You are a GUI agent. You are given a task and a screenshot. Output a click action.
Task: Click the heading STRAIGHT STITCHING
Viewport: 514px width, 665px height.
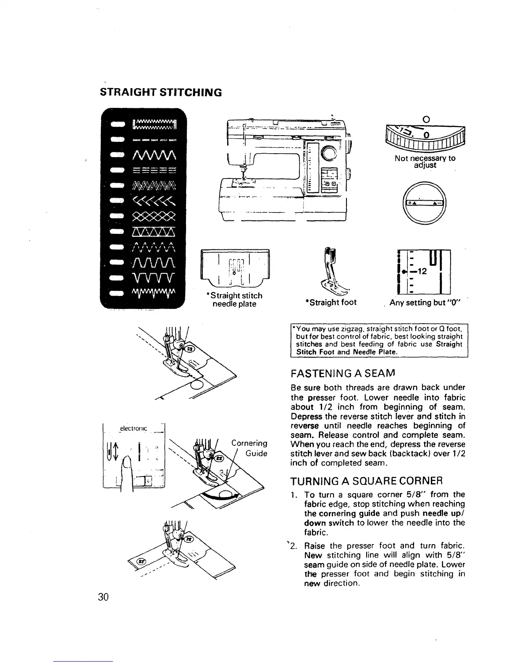click(x=160, y=92)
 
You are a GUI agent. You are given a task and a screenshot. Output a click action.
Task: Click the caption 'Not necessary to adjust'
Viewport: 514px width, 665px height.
click(x=425, y=162)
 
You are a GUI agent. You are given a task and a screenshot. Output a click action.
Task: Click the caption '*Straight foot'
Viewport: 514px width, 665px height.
click(x=331, y=302)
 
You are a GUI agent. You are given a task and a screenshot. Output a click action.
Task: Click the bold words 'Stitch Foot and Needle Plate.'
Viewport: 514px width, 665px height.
click(x=346, y=352)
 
